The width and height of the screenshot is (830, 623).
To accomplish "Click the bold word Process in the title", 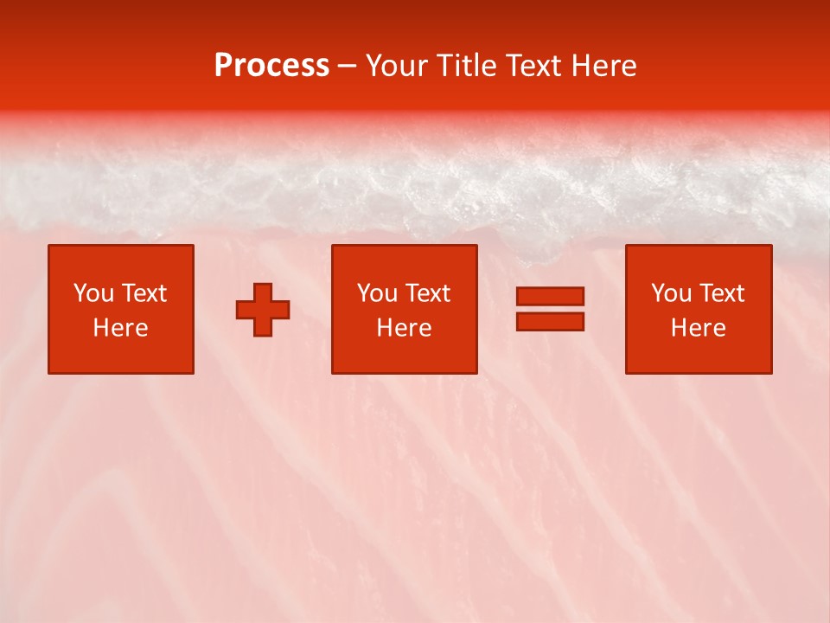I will pyautogui.click(x=271, y=66).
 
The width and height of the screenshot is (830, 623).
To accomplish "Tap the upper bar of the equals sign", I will pyautogui.click(x=550, y=297).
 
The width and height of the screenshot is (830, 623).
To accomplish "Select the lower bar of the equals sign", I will pyautogui.click(x=550, y=321).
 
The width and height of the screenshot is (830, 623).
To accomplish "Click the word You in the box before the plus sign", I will pyautogui.click(x=93, y=293).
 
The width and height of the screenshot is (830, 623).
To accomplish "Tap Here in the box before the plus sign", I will pyautogui.click(x=120, y=328).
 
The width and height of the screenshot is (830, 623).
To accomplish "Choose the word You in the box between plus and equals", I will pyautogui.click(x=377, y=293).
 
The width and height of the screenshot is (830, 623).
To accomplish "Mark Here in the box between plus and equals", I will pyautogui.click(x=404, y=328).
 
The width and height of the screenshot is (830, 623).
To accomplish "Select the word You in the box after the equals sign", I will pyautogui.click(x=671, y=293).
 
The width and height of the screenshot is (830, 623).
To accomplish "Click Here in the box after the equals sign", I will pyautogui.click(x=698, y=328).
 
